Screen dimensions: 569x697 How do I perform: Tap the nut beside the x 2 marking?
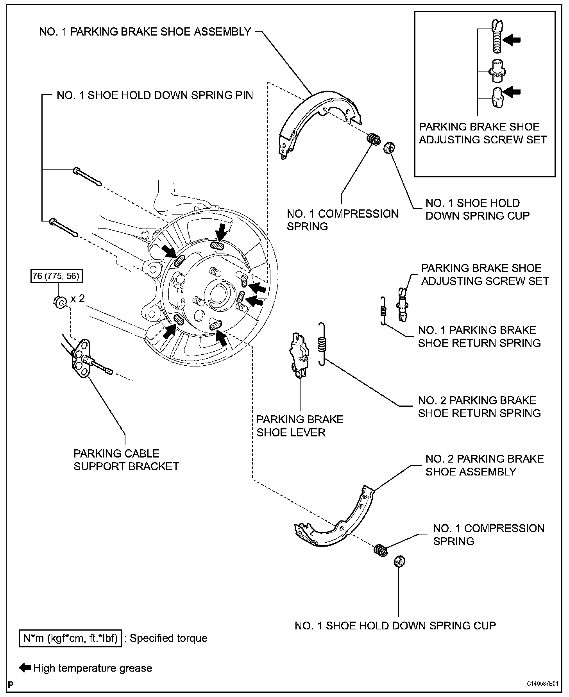point(58,302)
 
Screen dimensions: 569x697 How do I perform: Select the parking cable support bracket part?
point(83,359)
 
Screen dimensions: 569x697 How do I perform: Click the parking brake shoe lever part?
point(299,355)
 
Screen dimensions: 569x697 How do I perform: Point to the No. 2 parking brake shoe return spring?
point(322,344)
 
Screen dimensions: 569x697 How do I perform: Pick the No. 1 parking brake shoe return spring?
point(384,310)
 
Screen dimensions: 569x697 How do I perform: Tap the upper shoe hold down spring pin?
point(87,177)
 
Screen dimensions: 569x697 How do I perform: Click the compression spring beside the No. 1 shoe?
point(374,139)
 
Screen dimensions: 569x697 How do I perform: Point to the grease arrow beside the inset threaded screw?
point(512,39)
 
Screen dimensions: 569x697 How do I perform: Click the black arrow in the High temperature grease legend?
point(25,667)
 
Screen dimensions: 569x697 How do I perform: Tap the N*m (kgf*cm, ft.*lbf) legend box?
point(70,638)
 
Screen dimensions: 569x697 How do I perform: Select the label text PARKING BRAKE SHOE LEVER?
point(300,426)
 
